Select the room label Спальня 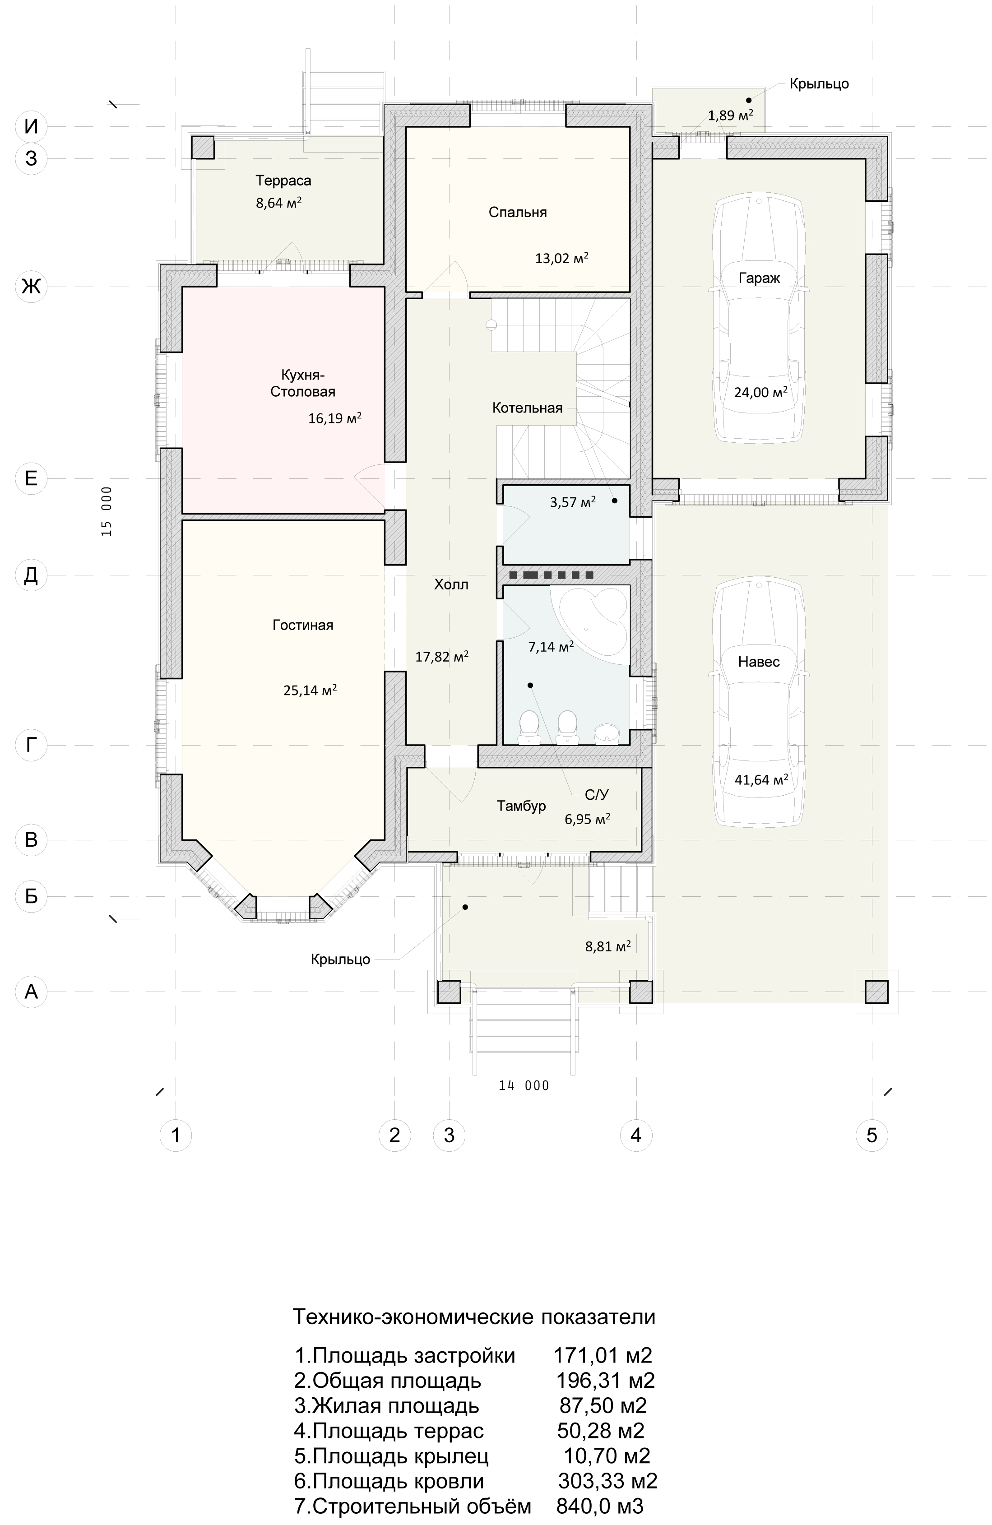(x=518, y=212)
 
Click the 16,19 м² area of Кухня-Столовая (x=334, y=418)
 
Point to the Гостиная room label (x=303, y=625)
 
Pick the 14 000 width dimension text (x=524, y=1085)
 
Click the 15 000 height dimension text (x=107, y=511)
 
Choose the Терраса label (x=283, y=181)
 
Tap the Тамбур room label (x=521, y=806)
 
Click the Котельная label (x=528, y=408)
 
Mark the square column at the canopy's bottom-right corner (x=876, y=992)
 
